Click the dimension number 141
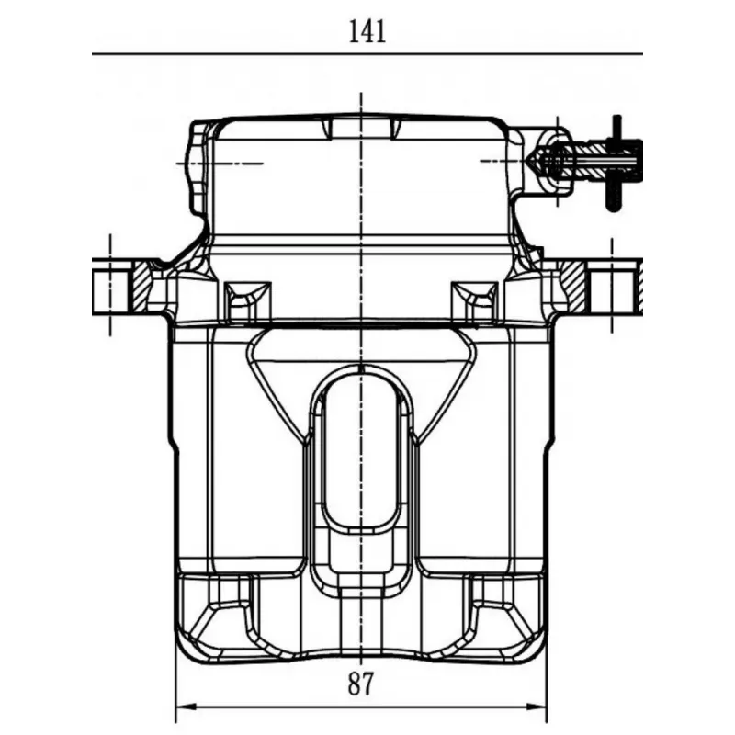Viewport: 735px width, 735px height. [x=368, y=32]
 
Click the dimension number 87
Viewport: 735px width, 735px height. [x=361, y=684]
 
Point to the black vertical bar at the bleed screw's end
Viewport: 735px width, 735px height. [x=616, y=163]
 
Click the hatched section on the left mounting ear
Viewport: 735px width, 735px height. [x=140, y=286]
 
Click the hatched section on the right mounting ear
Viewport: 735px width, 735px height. [x=572, y=286]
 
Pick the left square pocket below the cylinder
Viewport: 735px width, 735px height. [x=247, y=302]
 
